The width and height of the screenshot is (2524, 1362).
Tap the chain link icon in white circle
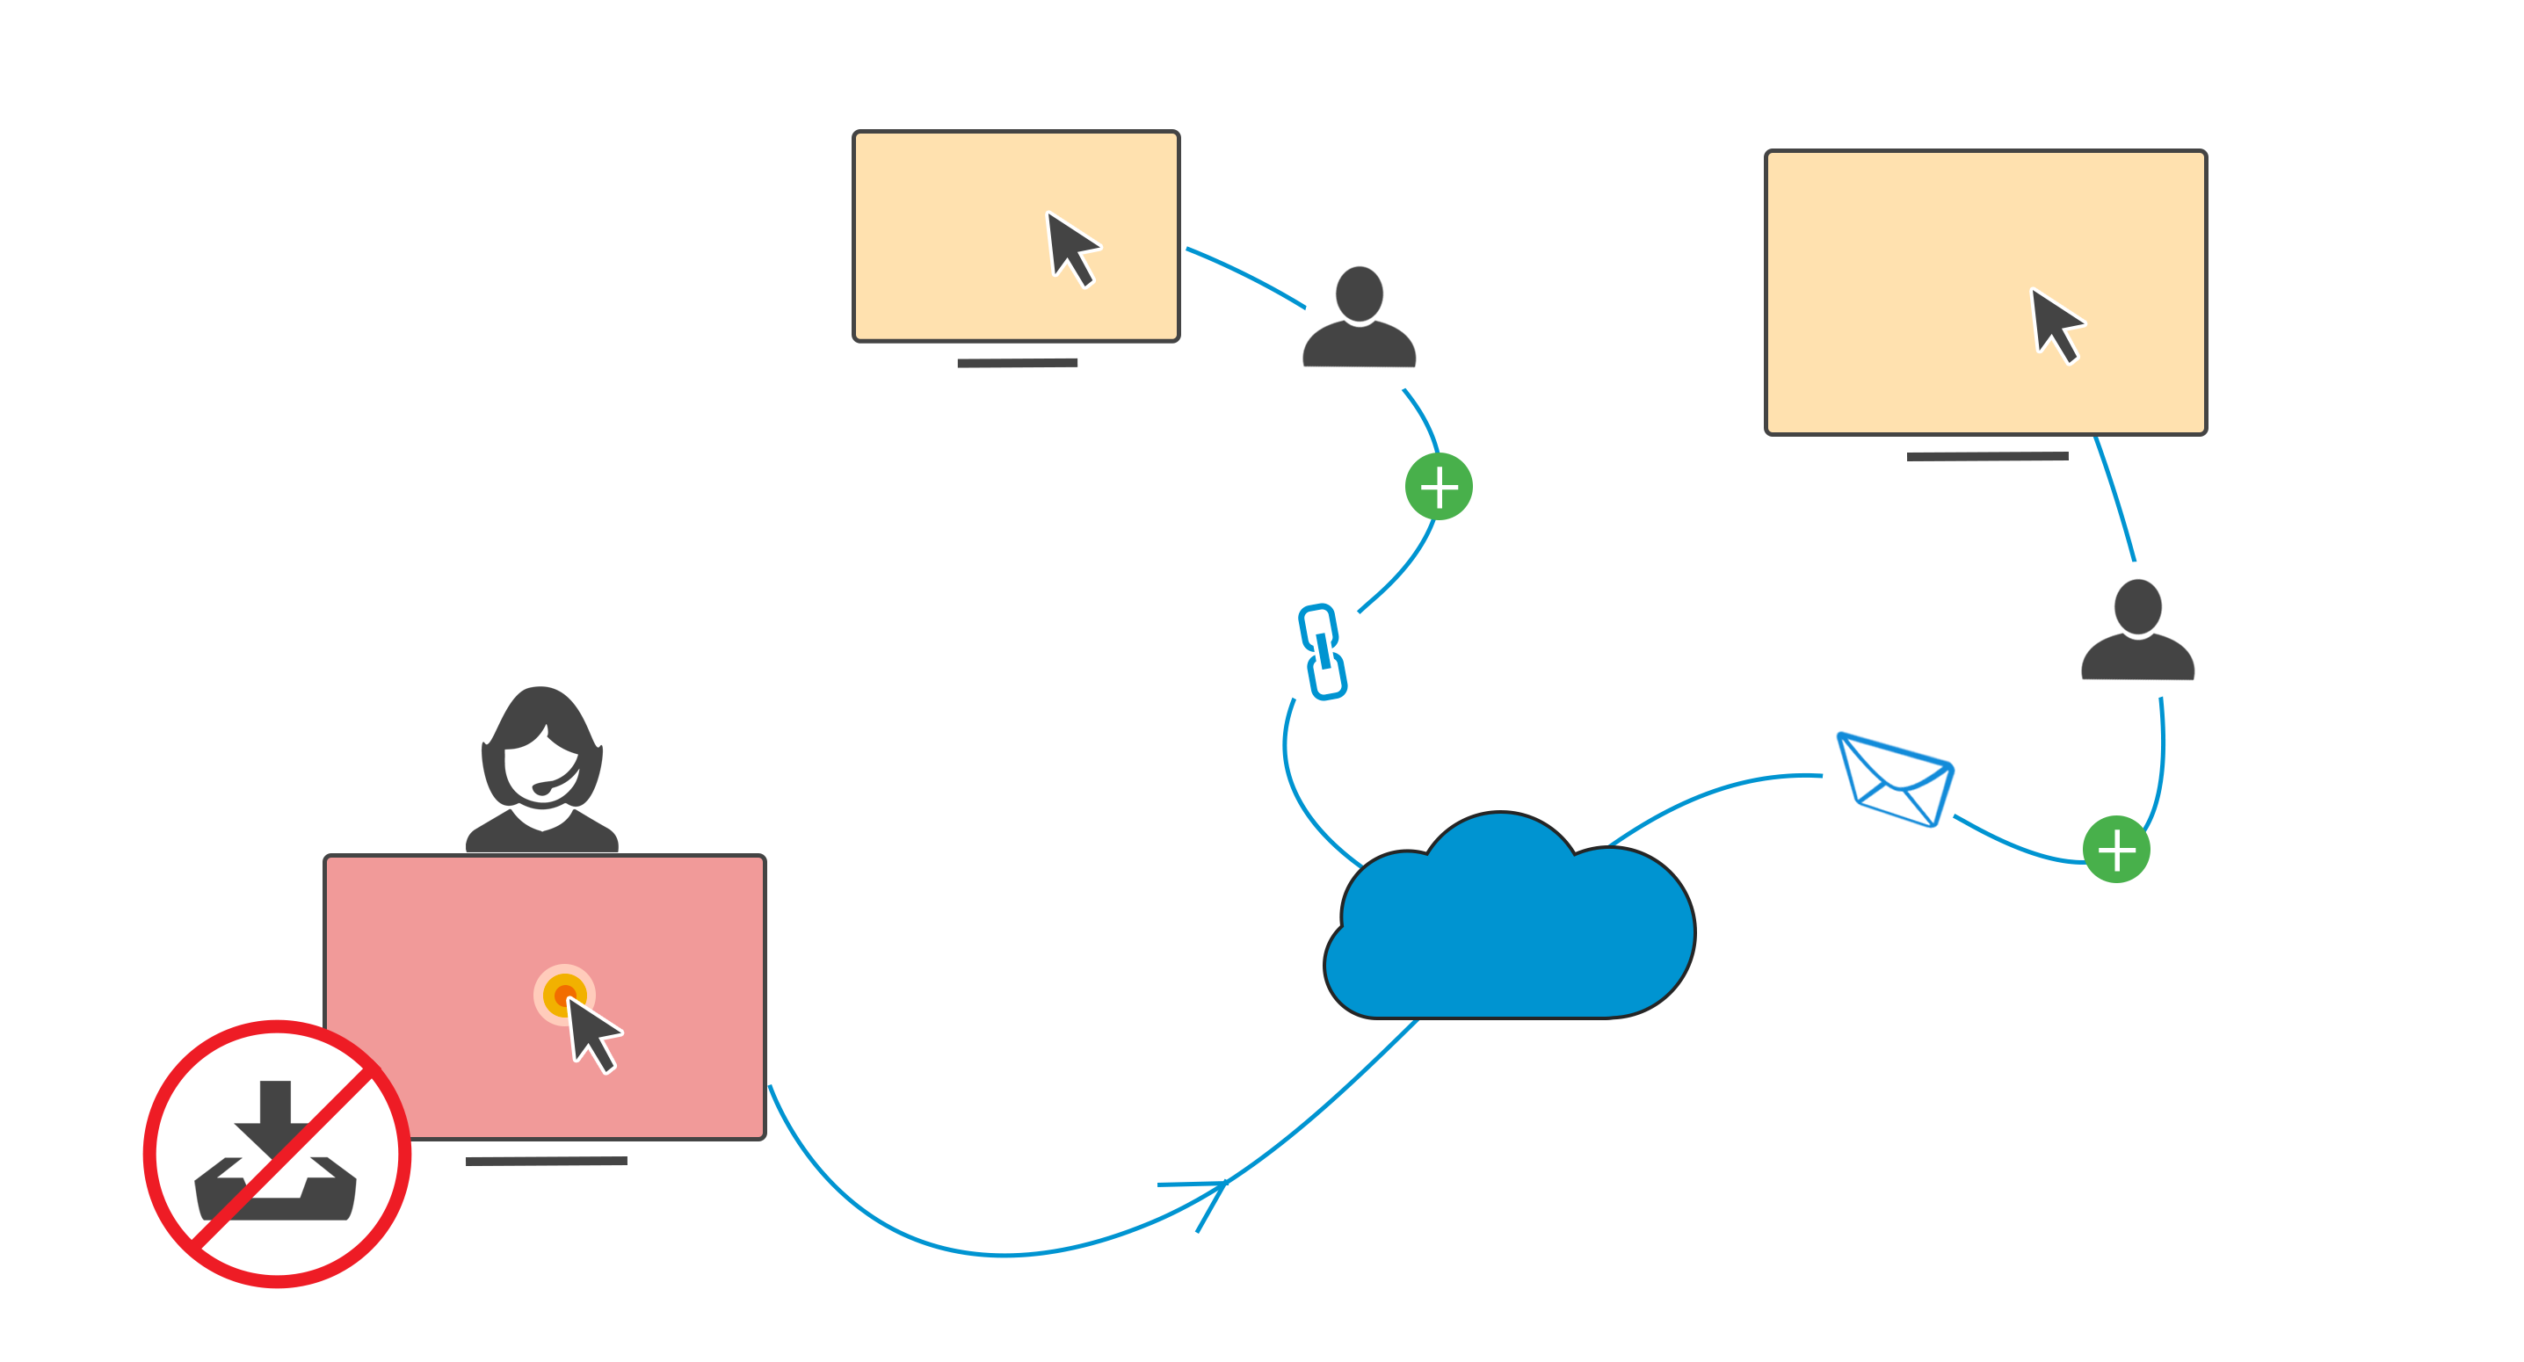(x=1320, y=650)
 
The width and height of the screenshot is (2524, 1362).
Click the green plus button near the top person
(x=1439, y=487)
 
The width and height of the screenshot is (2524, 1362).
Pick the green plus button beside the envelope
(x=2115, y=850)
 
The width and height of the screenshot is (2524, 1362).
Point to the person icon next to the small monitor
(x=1359, y=318)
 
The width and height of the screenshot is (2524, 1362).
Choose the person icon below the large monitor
(x=2137, y=631)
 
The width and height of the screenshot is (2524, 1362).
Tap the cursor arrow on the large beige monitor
(x=2055, y=324)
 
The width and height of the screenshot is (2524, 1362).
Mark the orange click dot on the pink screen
(x=562, y=995)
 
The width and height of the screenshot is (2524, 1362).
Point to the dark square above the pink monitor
(x=542, y=769)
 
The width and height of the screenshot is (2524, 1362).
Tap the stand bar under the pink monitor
(x=546, y=1161)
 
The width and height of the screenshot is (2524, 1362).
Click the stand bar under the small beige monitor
(x=1017, y=363)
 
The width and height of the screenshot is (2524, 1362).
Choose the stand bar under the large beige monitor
(x=1987, y=456)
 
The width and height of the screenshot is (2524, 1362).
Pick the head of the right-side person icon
(x=2138, y=605)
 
